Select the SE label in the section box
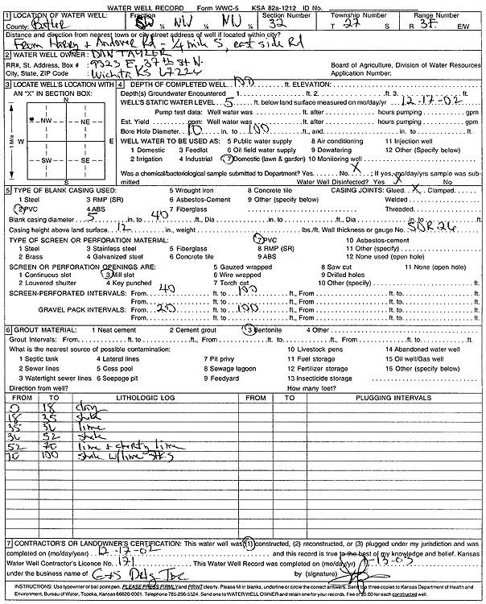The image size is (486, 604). point(84,160)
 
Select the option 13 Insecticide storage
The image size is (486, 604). point(319,377)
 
